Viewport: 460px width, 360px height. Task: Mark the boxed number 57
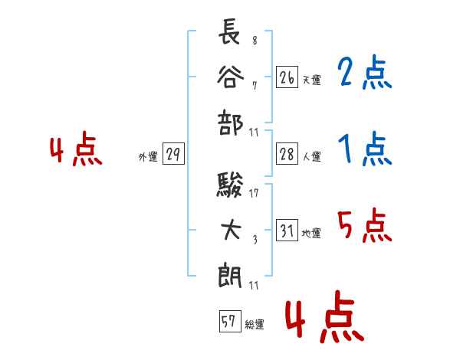[228, 322]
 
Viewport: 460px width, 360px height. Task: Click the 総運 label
[254, 325]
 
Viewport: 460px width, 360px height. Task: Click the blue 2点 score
[364, 74]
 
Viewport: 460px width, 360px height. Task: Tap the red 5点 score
[364, 226]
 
